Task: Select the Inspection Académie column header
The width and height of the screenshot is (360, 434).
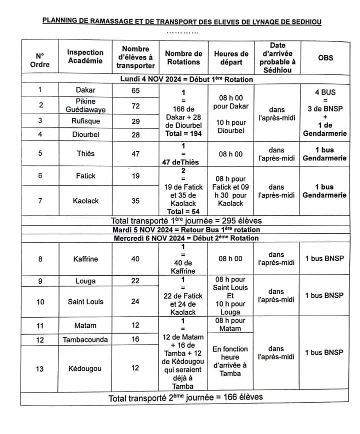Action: coord(85,56)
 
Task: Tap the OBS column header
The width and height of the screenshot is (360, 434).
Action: coord(325,57)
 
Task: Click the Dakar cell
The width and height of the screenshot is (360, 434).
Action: coord(85,90)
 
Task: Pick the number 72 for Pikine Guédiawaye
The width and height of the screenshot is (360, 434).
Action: coord(135,106)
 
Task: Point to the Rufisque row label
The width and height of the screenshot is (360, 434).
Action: coord(85,121)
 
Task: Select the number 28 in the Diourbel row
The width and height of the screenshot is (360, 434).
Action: coord(135,134)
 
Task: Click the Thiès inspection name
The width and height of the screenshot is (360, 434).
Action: coord(85,154)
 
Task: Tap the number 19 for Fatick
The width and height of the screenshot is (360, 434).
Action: coord(135,176)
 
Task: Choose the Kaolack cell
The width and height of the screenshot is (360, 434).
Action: coord(85,201)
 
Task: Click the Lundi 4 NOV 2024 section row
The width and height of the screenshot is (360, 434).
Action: coord(186,79)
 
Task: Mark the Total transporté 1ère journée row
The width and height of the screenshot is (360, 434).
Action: coord(186,220)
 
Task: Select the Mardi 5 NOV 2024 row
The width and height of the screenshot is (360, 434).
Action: coord(186,230)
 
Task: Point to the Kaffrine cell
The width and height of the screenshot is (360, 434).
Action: coord(85,259)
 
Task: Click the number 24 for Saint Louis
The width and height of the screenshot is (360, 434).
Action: coord(135,302)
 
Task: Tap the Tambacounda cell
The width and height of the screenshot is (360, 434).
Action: coord(85,340)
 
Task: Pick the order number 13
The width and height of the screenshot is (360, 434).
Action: coord(40,369)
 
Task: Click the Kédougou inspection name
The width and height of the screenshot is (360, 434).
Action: coord(85,369)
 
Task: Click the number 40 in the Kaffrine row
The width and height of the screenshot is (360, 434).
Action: coord(135,259)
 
